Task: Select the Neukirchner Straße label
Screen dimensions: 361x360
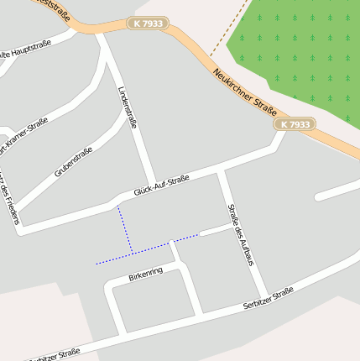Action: [245, 91]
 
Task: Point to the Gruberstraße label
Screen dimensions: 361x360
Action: [73, 162]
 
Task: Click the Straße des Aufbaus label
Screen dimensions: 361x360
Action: [241, 234]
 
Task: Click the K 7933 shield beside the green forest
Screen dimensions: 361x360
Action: [295, 124]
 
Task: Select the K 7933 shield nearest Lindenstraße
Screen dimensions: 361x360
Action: [149, 24]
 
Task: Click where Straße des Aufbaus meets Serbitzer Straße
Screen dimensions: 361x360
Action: [264, 298]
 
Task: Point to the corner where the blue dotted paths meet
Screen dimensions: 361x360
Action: [132, 253]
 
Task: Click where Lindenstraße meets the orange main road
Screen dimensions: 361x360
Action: [100, 34]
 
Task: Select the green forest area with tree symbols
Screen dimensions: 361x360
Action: [302, 50]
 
